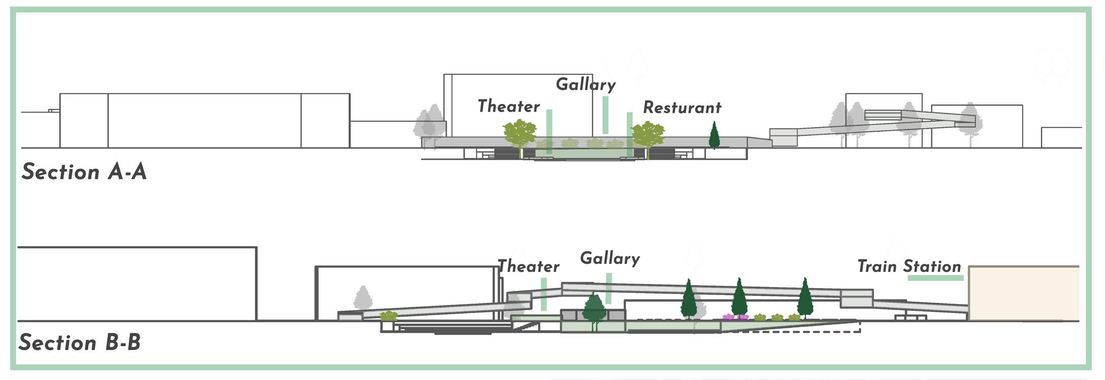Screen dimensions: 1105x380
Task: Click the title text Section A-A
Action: click(x=84, y=172)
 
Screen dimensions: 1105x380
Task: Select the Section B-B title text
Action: click(x=80, y=342)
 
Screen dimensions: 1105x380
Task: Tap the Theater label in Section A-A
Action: click(x=508, y=106)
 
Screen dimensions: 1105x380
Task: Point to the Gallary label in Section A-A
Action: click(x=586, y=84)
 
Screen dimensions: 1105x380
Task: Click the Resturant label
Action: click(x=682, y=108)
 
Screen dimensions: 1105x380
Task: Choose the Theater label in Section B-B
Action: click(x=528, y=266)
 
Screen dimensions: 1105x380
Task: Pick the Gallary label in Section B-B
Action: click(x=610, y=258)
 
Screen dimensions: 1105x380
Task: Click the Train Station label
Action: click(x=909, y=266)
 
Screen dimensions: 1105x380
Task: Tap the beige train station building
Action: click(x=1023, y=294)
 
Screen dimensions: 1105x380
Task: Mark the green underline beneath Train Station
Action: click(x=935, y=278)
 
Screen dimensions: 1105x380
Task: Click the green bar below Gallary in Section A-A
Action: click(x=605, y=115)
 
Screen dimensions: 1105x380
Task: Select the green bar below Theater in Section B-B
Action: click(x=544, y=294)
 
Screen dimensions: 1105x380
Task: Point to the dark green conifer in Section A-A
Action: click(x=714, y=135)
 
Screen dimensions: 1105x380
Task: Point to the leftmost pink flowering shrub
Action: click(x=728, y=317)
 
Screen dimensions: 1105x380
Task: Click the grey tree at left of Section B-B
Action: click(x=363, y=298)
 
